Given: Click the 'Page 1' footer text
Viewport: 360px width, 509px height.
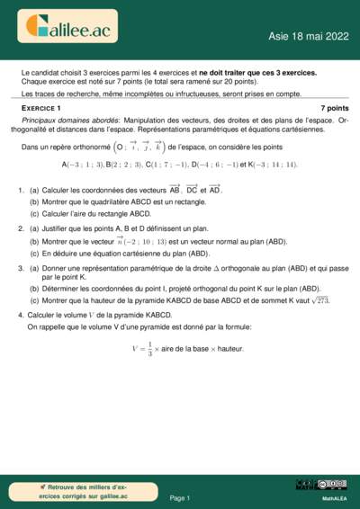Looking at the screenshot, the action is [x=180, y=497].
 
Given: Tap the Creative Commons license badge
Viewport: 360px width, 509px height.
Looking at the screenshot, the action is [x=331, y=485].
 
